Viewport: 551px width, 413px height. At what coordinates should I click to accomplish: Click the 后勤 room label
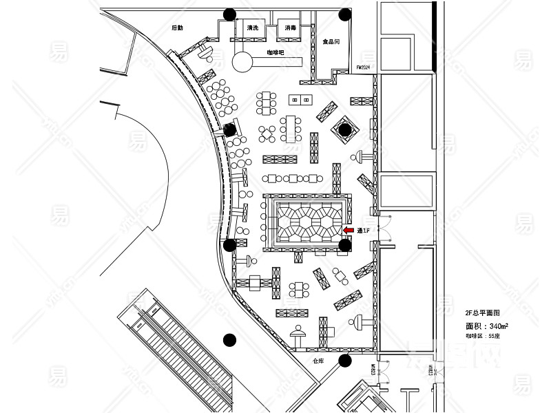click(x=178, y=28)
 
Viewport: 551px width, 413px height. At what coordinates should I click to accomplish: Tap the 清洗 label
click(x=251, y=28)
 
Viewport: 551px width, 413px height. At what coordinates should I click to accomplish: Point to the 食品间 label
click(x=331, y=42)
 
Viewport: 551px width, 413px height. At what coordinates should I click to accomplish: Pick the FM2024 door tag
click(x=363, y=67)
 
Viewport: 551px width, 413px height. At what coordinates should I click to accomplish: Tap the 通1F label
click(x=364, y=231)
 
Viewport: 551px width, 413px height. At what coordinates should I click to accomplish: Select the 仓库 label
click(x=318, y=360)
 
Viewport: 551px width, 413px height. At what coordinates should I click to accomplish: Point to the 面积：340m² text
click(x=487, y=326)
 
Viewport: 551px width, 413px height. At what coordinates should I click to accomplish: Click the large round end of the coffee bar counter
click(x=242, y=62)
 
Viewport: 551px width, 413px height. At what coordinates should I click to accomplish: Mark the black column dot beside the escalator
click(x=229, y=339)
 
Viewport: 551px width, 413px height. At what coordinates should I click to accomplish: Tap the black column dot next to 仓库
click(x=345, y=360)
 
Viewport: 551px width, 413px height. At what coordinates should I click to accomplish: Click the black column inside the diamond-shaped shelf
click(x=344, y=129)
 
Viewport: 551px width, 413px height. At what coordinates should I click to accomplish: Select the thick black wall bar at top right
click(x=434, y=36)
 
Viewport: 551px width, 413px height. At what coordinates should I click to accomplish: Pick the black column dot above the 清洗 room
click(x=229, y=14)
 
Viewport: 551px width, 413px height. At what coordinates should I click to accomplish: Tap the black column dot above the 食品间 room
click(x=345, y=14)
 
